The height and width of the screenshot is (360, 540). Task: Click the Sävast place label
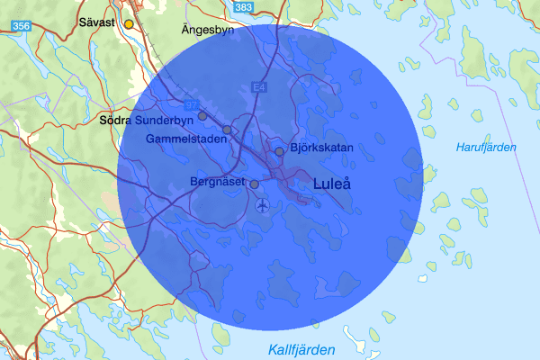(x=96, y=22)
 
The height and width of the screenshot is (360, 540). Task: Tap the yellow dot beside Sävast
(x=129, y=23)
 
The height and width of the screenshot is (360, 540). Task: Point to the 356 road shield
(x=22, y=28)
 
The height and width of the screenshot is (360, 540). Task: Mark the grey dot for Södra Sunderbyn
(x=202, y=116)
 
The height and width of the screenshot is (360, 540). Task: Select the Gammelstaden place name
(x=180, y=140)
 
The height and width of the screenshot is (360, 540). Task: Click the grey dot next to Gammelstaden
(x=227, y=130)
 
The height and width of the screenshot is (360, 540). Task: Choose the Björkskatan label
(x=322, y=148)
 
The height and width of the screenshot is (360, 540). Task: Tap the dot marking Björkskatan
(x=280, y=151)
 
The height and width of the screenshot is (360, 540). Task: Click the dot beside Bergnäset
(x=254, y=184)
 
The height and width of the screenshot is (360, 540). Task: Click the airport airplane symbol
(x=262, y=206)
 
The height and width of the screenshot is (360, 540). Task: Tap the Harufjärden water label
(x=486, y=147)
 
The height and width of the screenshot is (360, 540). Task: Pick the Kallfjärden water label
(x=301, y=349)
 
